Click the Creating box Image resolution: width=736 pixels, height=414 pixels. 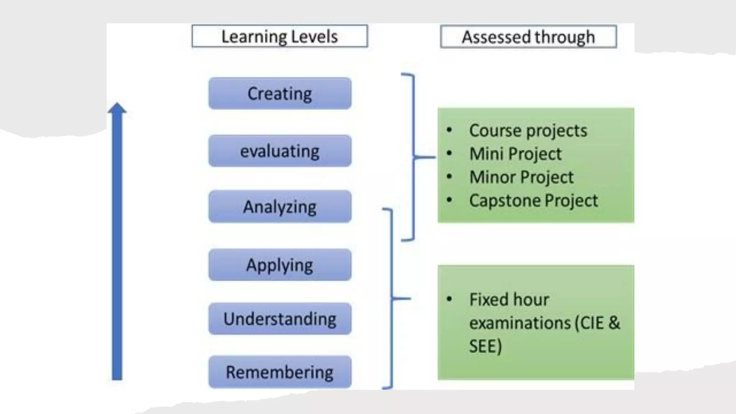tap(280, 93)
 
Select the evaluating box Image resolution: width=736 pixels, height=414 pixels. tap(280, 151)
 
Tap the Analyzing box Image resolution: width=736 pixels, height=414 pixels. tap(280, 207)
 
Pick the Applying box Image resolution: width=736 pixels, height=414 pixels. tap(280, 265)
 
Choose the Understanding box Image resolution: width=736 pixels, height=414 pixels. tap(280, 319)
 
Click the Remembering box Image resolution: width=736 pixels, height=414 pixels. tap(280, 372)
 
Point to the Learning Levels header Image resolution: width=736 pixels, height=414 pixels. tap(280, 36)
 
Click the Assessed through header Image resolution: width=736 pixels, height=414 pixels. tap(528, 37)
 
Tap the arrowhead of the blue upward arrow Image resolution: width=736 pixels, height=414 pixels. tap(117, 108)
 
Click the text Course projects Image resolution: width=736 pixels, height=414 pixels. tap(528, 130)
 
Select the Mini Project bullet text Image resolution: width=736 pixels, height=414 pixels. tap(515, 154)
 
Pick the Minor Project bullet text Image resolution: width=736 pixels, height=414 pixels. tap(521, 177)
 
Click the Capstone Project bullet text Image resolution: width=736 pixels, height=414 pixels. tap(533, 201)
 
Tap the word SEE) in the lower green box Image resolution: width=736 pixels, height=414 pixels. tap(485, 346)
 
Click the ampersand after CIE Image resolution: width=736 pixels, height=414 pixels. tap(614, 323)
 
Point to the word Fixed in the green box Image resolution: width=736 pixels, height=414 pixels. tap(486, 299)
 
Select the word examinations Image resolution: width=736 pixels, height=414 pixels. tap(520, 323)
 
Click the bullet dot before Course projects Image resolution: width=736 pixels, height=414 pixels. tap(449, 130)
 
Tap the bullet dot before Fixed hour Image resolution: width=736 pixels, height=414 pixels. tap(449, 299)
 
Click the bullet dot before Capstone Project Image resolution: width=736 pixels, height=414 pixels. tap(449, 200)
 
